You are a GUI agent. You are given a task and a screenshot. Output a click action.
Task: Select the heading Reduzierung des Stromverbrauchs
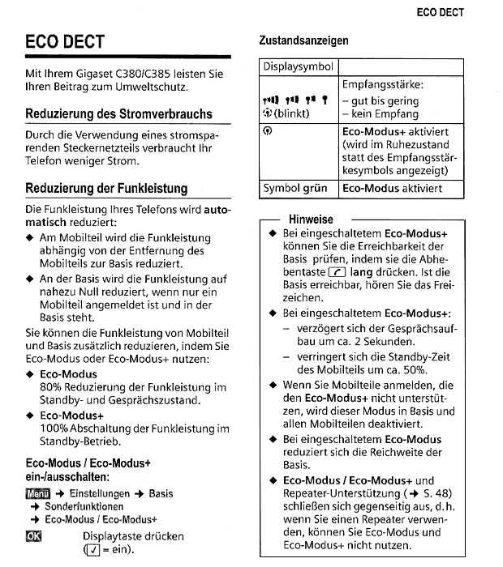[x=118, y=114]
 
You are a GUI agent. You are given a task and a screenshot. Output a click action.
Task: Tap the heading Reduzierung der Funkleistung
[x=106, y=189]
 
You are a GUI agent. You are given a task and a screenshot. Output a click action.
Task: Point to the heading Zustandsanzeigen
[x=303, y=40]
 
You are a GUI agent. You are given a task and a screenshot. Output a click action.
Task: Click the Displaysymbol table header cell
[x=298, y=67]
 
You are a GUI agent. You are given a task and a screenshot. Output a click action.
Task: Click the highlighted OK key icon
[x=34, y=536]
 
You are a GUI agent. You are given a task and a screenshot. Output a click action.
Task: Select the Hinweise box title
[x=310, y=220]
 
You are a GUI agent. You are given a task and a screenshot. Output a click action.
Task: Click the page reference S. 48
[x=436, y=492]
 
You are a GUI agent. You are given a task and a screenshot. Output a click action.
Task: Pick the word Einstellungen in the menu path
[x=99, y=493]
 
